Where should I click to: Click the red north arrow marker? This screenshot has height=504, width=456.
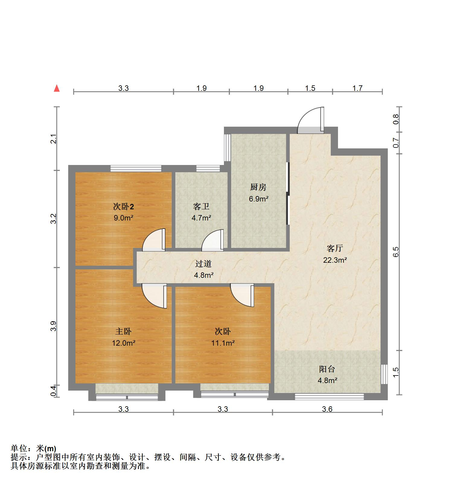[x=57, y=88]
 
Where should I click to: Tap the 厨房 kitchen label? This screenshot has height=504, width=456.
[x=258, y=187]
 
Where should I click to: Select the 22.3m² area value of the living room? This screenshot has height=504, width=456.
[x=335, y=260]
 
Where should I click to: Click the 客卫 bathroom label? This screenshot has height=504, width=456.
[x=201, y=207]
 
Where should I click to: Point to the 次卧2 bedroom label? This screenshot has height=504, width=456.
[x=123, y=207]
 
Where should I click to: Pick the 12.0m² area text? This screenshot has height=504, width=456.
[x=123, y=343]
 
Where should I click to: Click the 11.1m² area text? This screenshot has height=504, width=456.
[x=223, y=343]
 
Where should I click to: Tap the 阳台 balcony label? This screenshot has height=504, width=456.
[x=327, y=369]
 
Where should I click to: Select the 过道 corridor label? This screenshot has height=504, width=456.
[x=203, y=264]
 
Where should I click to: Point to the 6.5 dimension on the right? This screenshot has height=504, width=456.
[x=396, y=252]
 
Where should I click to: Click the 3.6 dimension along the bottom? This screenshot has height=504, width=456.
[x=327, y=409]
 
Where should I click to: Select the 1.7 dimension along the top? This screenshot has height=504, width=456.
[x=357, y=88]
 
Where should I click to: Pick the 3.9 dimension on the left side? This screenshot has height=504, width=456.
[x=53, y=326]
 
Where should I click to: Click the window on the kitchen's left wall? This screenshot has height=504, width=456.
[x=227, y=148]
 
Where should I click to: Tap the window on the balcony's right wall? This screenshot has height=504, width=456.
[x=384, y=374]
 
